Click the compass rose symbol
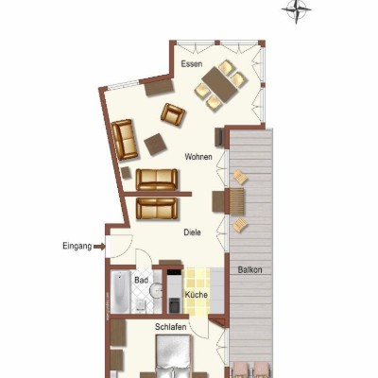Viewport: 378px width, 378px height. (x=297, y=11)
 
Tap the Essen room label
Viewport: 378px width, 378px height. (x=192, y=64)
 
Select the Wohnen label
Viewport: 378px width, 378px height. (x=198, y=157)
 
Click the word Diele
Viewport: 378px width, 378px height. (x=193, y=232)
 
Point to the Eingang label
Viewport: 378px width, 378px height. (x=77, y=246)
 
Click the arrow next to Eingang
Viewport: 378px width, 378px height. (x=99, y=247)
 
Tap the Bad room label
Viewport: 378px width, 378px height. (x=141, y=280)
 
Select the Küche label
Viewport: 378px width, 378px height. (x=197, y=295)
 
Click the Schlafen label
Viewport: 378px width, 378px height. (x=171, y=327)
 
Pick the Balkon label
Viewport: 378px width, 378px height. (x=250, y=270)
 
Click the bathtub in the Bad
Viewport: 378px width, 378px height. (x=120, y=291)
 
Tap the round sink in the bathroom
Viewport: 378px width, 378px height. (x=155, y=290)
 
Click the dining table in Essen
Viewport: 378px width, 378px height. (x=220, y=84)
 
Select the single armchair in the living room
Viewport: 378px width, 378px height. (x=172, y=114)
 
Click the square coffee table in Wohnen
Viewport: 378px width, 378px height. (x=155, y=145)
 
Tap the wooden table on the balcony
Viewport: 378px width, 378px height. (x=236, y=200)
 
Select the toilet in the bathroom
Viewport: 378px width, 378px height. (x=139, y=305)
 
